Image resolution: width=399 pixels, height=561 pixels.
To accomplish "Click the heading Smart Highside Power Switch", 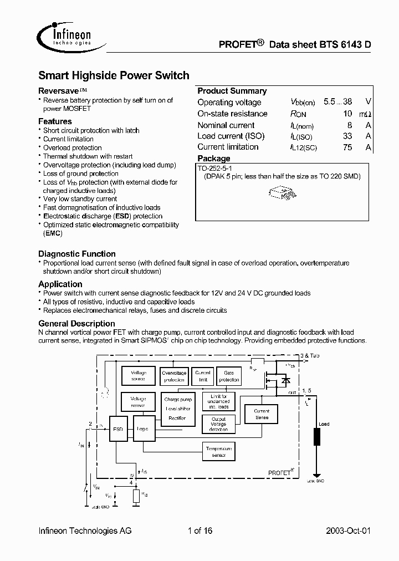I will [x=114, y=75].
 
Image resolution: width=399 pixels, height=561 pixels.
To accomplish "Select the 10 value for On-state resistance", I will [x=347, y=114].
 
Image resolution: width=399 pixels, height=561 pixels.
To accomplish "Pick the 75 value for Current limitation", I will [x=347, y=147].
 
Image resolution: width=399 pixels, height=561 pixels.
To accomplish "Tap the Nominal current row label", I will [x=226, y=125].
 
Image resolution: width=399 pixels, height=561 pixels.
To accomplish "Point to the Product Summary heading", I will [x=232, y=91].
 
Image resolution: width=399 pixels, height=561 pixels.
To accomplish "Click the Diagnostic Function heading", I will [x=76, y=254].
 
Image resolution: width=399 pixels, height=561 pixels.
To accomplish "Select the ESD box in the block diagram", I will [x=117, y=428].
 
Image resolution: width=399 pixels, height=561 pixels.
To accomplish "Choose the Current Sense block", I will [x=262, y=414].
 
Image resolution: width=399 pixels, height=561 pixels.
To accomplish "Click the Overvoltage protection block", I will [x=173, y=376].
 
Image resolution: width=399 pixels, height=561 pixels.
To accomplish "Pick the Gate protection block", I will [x=228, y=376].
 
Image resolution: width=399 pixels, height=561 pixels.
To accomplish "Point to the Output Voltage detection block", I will [x=218, y=424].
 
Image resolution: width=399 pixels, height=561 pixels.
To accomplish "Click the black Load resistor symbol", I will [x=318, y=436].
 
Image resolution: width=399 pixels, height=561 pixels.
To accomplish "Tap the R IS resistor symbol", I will [x=136, y=496].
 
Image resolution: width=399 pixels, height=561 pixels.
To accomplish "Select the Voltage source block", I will [x=138, y=376].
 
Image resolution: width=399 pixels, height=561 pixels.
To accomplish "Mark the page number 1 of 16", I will [x=200, y=531].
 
